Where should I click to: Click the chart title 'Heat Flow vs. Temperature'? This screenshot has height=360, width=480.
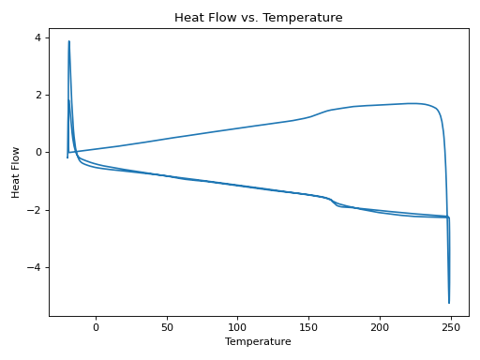[258, 17]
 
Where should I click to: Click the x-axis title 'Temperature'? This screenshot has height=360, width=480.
[258, 342]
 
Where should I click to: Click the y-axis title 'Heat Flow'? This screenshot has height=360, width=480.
[16, 171]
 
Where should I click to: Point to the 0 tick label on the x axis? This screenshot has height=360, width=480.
[96, 327]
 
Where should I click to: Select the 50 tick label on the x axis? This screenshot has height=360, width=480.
[167, 327]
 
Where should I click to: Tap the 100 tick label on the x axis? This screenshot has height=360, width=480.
[238, 327]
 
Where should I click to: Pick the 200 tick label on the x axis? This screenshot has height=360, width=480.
[380, 327]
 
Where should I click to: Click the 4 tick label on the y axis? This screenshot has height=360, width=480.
[38, 37]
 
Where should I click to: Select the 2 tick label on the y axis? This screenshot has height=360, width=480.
[38, 95]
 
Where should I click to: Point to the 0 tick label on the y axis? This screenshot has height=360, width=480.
[38, 152]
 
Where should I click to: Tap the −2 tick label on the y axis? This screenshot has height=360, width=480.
[36, 210]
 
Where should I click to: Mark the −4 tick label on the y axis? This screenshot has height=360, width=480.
[36, 267]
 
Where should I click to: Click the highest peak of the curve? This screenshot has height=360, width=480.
[68, 41]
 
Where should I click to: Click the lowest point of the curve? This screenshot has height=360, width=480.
[449, 303]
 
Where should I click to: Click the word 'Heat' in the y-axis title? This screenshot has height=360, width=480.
[16, 185]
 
